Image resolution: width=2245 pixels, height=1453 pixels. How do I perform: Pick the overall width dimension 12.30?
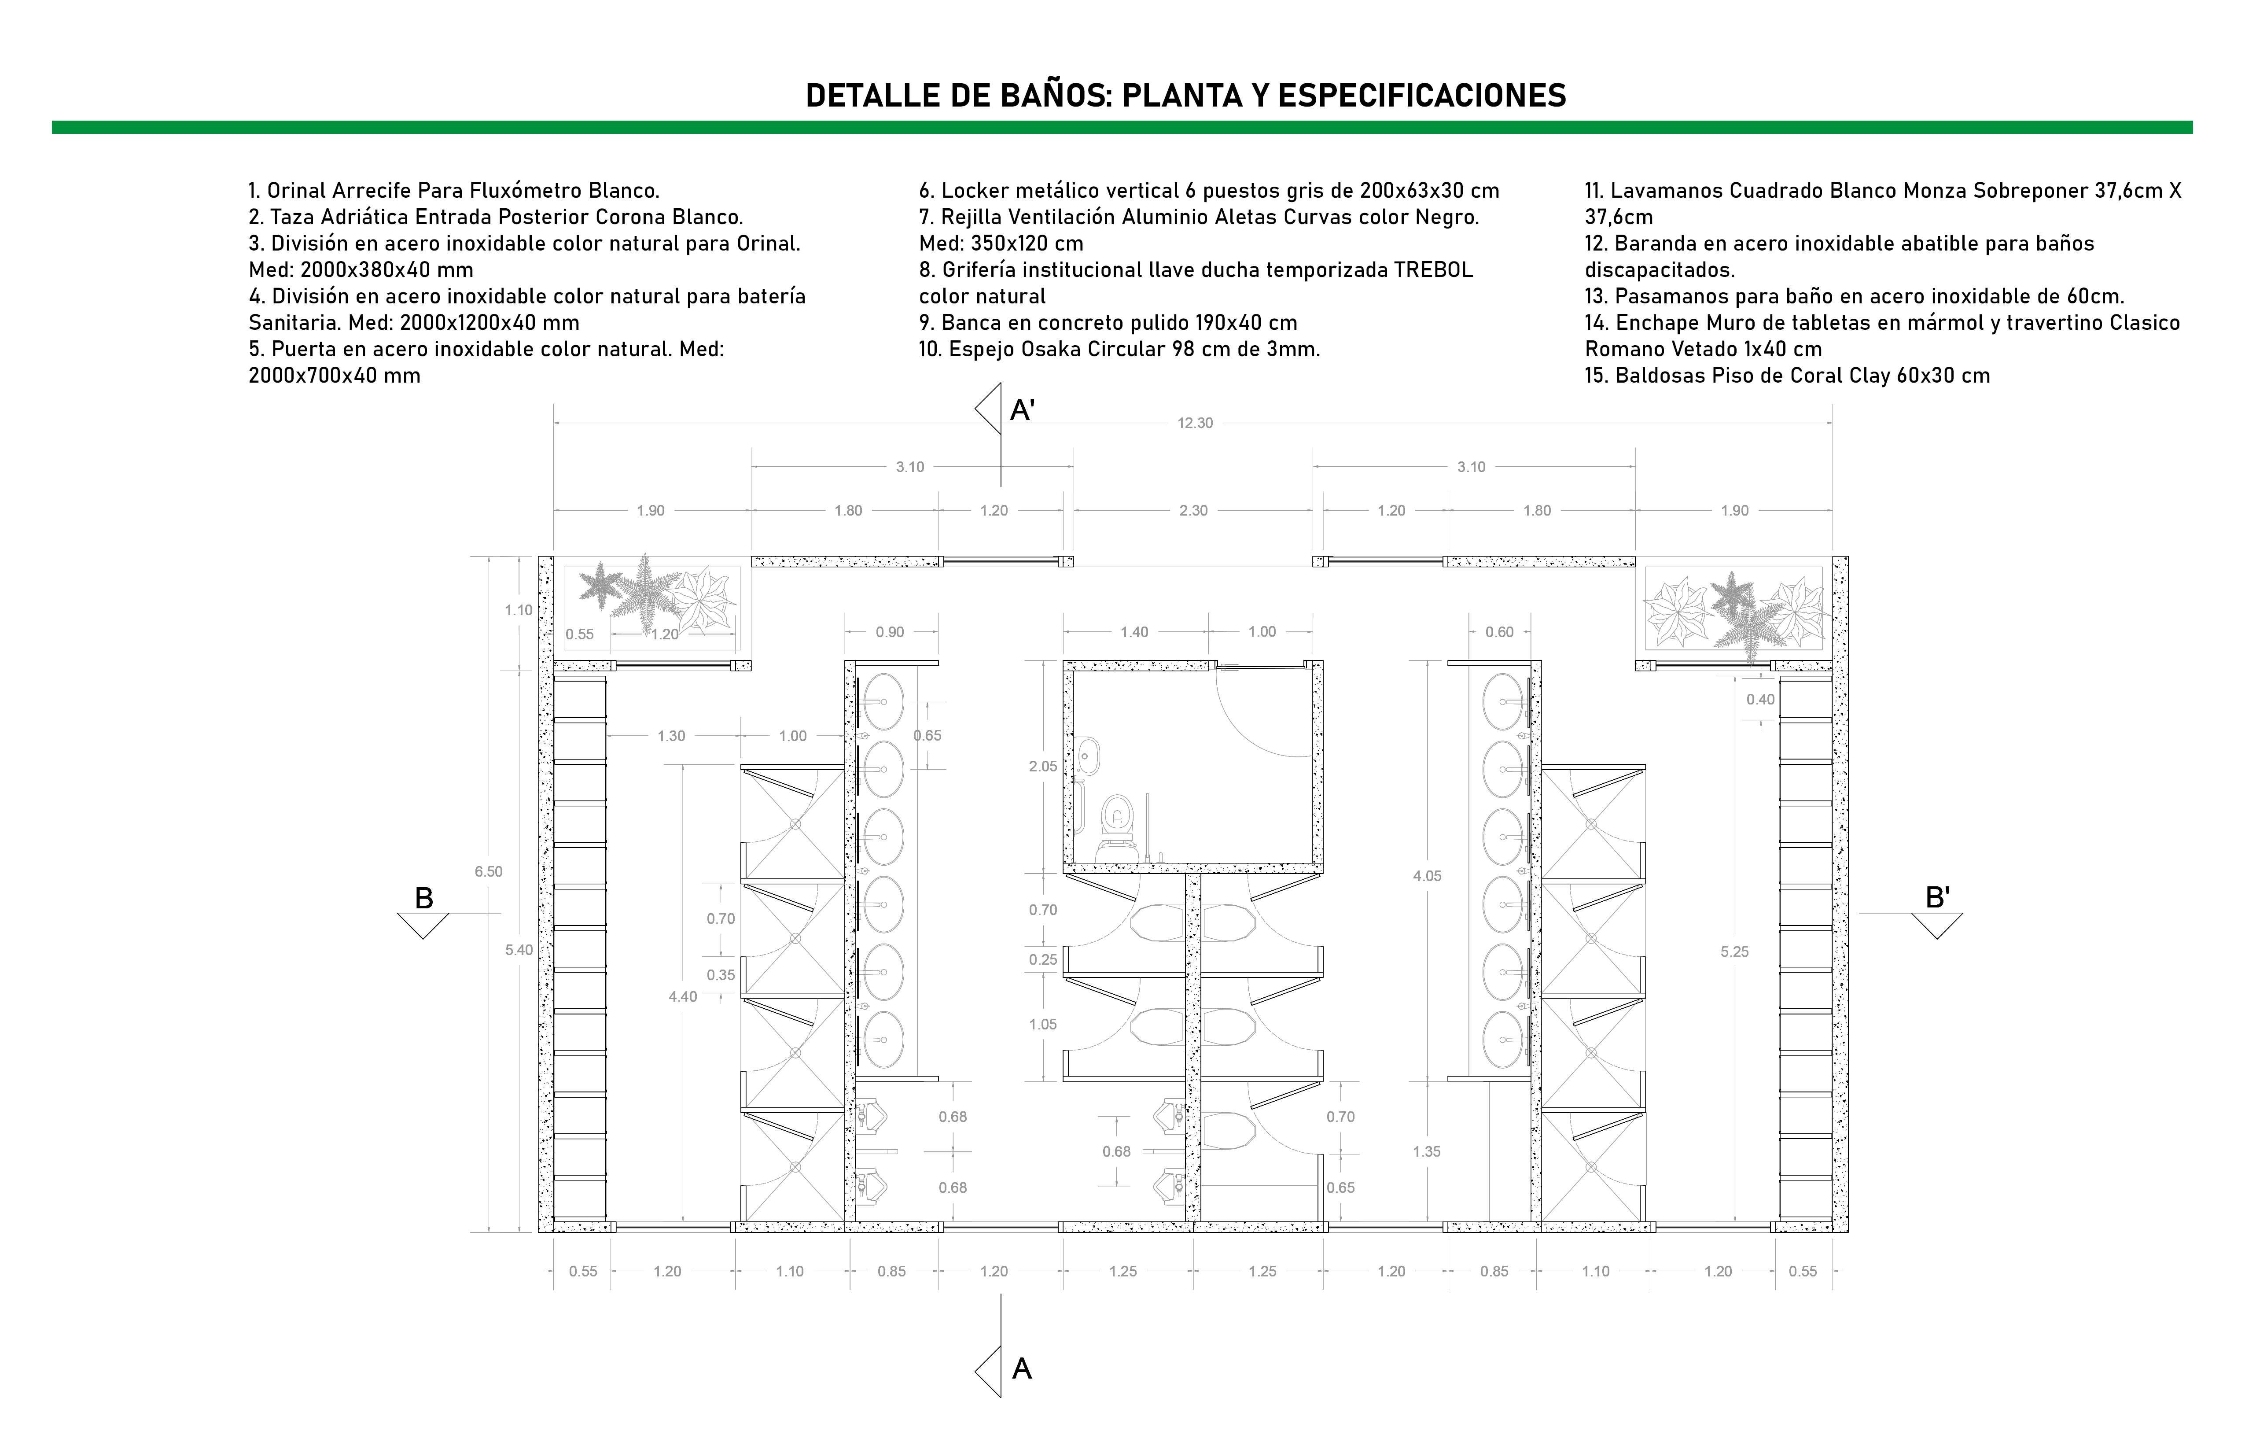[x=1194, y=423]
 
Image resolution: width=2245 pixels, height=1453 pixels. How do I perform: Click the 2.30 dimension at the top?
[x=1193, y=510]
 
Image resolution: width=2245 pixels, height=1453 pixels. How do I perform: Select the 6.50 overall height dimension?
[x=489, y=872]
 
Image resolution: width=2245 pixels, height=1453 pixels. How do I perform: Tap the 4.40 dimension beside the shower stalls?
[x=683, y=996]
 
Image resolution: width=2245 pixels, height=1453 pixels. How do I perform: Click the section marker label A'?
[x=1023, y=410]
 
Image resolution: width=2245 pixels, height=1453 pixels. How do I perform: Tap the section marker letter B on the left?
[x=424, y=898]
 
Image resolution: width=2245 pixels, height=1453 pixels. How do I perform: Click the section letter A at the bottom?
[x=1022, y=1369]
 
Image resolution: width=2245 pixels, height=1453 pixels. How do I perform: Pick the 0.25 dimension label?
[x=1043, y=959]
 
